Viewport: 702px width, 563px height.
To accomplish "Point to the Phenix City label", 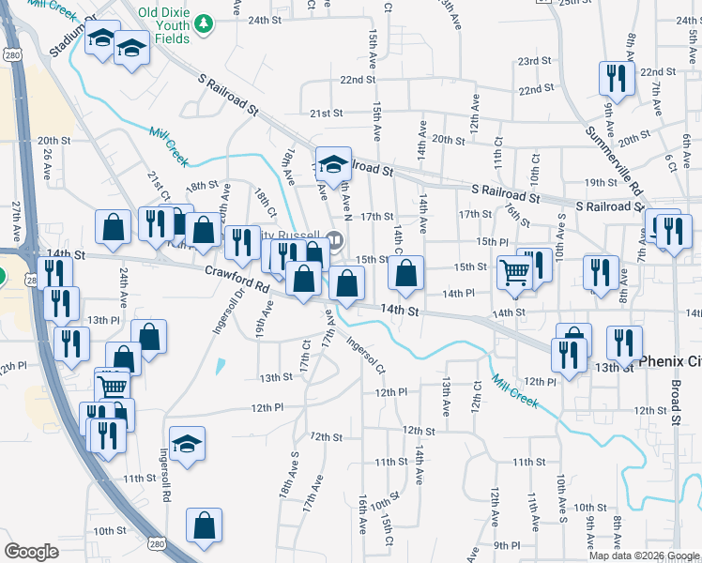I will pyautogui.click(x=668, y=360).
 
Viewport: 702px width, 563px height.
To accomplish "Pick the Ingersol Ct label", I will pyautogui.click(x=366, y=357).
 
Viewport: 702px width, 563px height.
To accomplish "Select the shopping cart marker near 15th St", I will pyautogui.click(x=514, y=273).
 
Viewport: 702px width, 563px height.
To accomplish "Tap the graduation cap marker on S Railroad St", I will pyautogui.click(x=331, y=165).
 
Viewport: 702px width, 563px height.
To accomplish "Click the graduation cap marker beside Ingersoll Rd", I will pyautogui.click(x=187, y=444).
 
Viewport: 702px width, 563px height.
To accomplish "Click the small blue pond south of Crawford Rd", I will pyautogui.click(x=220, y=366).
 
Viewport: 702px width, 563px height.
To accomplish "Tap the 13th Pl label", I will pyautogui.click(x=99, y=320).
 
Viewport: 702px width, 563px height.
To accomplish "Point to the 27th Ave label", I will pyautogui.click(x=17, y=221).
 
